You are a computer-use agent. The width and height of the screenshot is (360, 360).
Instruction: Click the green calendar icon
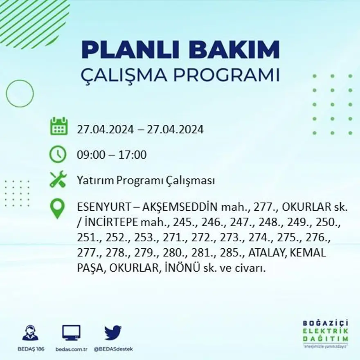(x=59, y=126)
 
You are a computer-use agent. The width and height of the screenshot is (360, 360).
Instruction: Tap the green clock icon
(x=58, y=154)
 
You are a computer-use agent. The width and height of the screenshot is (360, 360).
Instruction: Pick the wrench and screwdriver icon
(x=58, y=179)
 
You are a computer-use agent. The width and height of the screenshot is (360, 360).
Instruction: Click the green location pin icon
(x=57, y=208)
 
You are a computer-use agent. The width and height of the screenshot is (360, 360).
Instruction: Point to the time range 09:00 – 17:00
(x=112, y=155)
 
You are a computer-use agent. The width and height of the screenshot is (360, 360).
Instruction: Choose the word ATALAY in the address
(x=268, y=253)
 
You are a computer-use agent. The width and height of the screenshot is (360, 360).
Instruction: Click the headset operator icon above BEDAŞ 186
(x=30, y=333)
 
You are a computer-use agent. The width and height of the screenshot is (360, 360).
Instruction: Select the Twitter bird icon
(x=113, y=333)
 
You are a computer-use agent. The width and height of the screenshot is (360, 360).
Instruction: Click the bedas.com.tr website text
(x=71, y=349)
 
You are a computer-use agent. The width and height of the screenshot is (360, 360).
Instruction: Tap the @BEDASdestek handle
(x=113, y=349)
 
